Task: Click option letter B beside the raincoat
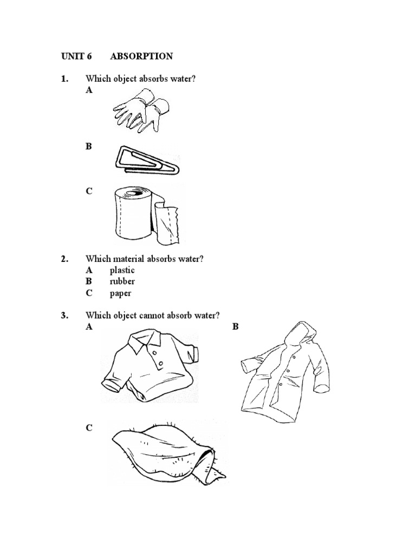tap(236, 327)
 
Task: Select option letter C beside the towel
tap(89, 428)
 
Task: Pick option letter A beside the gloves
tap(89, 90)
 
